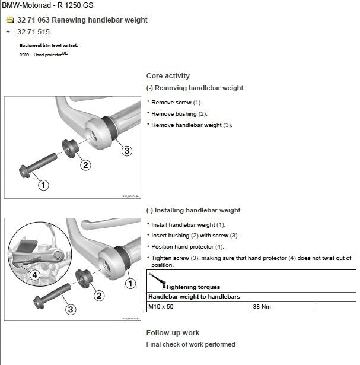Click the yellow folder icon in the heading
[9, 20]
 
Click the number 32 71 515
[34, 31]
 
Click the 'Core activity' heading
[168, 76]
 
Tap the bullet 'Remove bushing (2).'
[179, 113]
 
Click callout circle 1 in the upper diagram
[43, 185]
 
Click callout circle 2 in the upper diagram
[85, 165]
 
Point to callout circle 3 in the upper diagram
[126, 151]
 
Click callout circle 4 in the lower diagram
[35, 275]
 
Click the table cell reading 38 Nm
[262, 307]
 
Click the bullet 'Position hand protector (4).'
[187, 246]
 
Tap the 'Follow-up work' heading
[173, 333]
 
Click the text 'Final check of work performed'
[190, 344]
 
